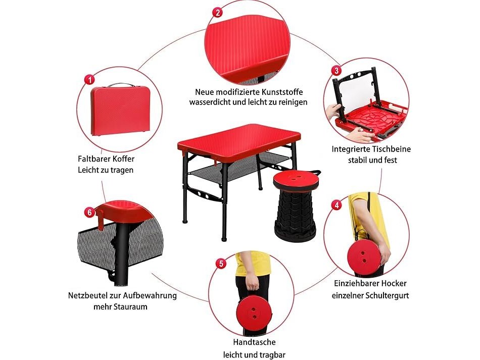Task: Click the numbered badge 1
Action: pyautogui.click(x=89, y=80)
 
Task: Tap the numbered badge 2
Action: pyautogui.click(x=218, y=12)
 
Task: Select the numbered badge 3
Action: pyautogui.click(x=337, y=71)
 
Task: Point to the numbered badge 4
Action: pyautogui.click(x=337, y=204)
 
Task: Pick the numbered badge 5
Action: pyautogui.click(x=221, y=264)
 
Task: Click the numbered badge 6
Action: pyautogui.click(x=89, y=212)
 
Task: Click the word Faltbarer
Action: pyautogui.click(x=93, y=159)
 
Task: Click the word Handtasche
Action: pyautogui.click(x=254, y=342)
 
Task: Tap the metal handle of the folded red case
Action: pyautogui.click(x=121, y=84)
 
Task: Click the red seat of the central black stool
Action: pyautogui.click(x=296, y=179)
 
